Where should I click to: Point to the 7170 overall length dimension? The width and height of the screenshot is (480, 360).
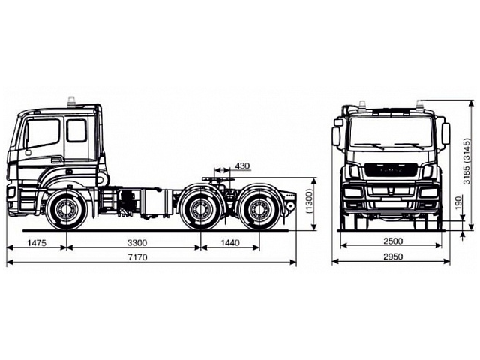(143, 256)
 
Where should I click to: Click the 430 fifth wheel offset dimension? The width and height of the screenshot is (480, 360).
(242, 166)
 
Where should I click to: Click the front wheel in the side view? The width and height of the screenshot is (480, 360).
(66, 210)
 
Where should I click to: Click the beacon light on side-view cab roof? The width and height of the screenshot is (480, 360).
(72, 100)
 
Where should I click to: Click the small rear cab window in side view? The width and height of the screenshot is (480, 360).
(76, 130)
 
